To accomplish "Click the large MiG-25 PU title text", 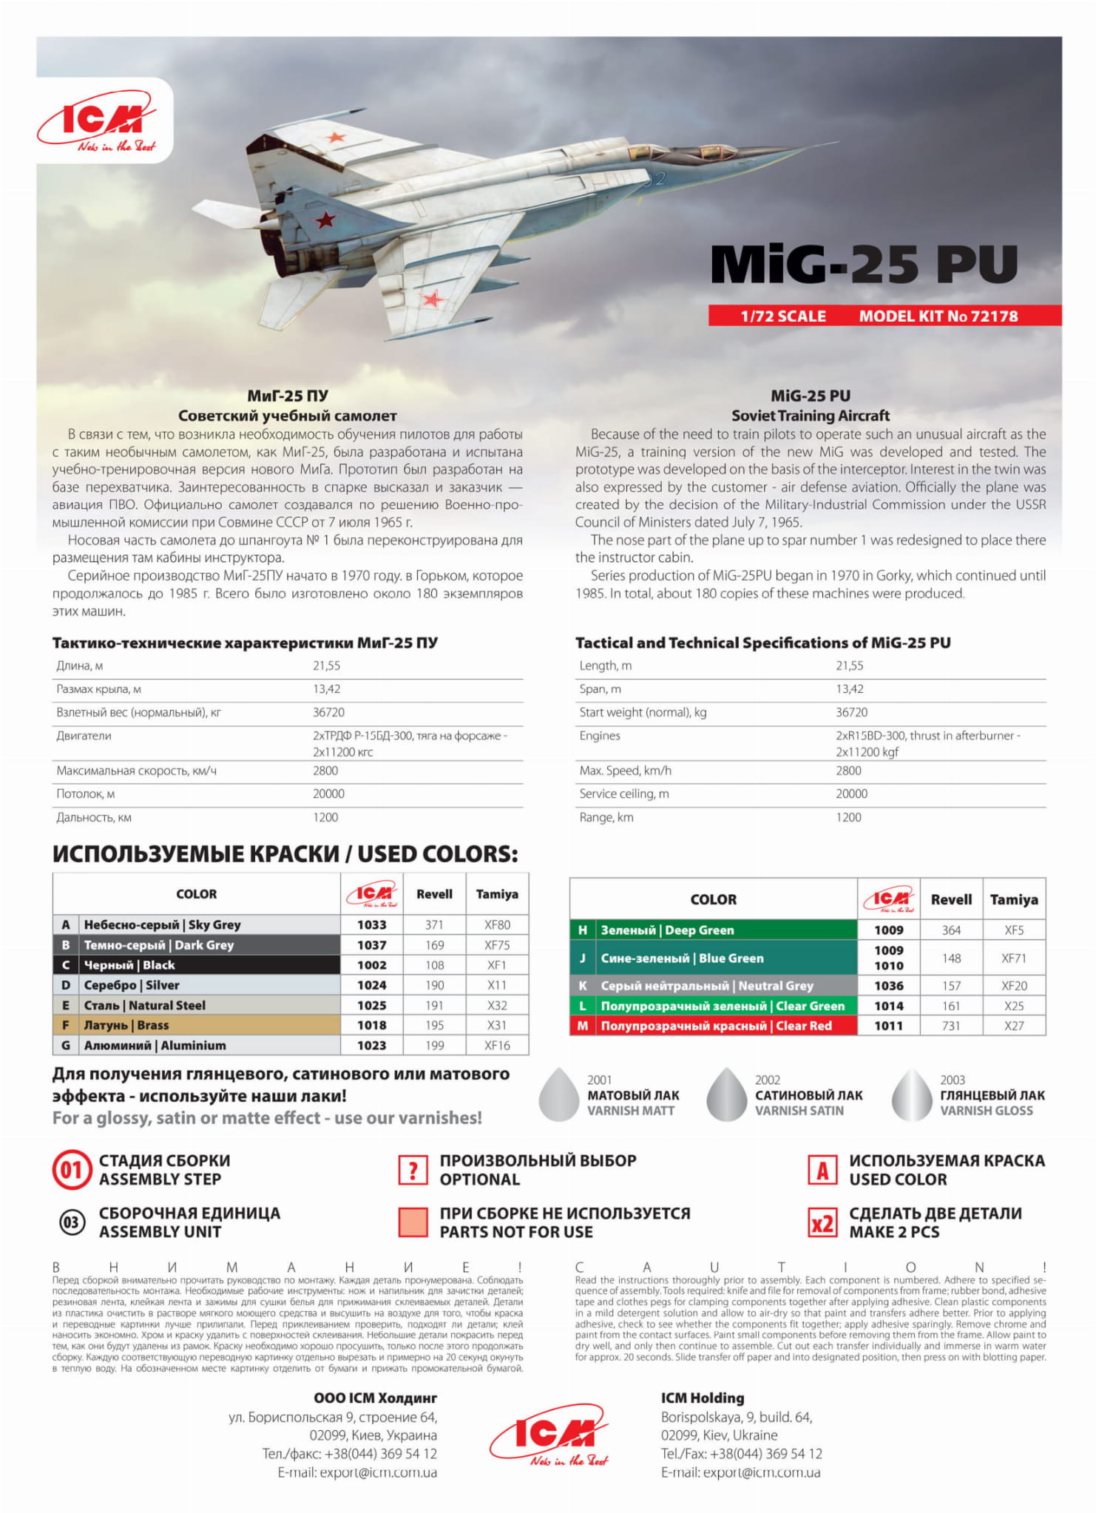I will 863,264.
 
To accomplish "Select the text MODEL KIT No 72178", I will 938,317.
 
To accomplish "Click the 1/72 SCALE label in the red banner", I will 782,317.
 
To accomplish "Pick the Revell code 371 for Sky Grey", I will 434,925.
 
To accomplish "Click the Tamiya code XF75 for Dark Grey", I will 497,945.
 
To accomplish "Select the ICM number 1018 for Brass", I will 371,1026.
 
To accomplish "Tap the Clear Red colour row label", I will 715,1026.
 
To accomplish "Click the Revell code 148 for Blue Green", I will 951,958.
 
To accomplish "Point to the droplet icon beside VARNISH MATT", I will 558,1095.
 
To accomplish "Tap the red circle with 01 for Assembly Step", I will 71,1171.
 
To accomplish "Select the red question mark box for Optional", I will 413,1171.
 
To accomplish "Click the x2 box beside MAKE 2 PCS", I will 822,1224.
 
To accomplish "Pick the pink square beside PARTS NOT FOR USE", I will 413,1223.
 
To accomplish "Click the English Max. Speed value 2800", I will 848,771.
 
